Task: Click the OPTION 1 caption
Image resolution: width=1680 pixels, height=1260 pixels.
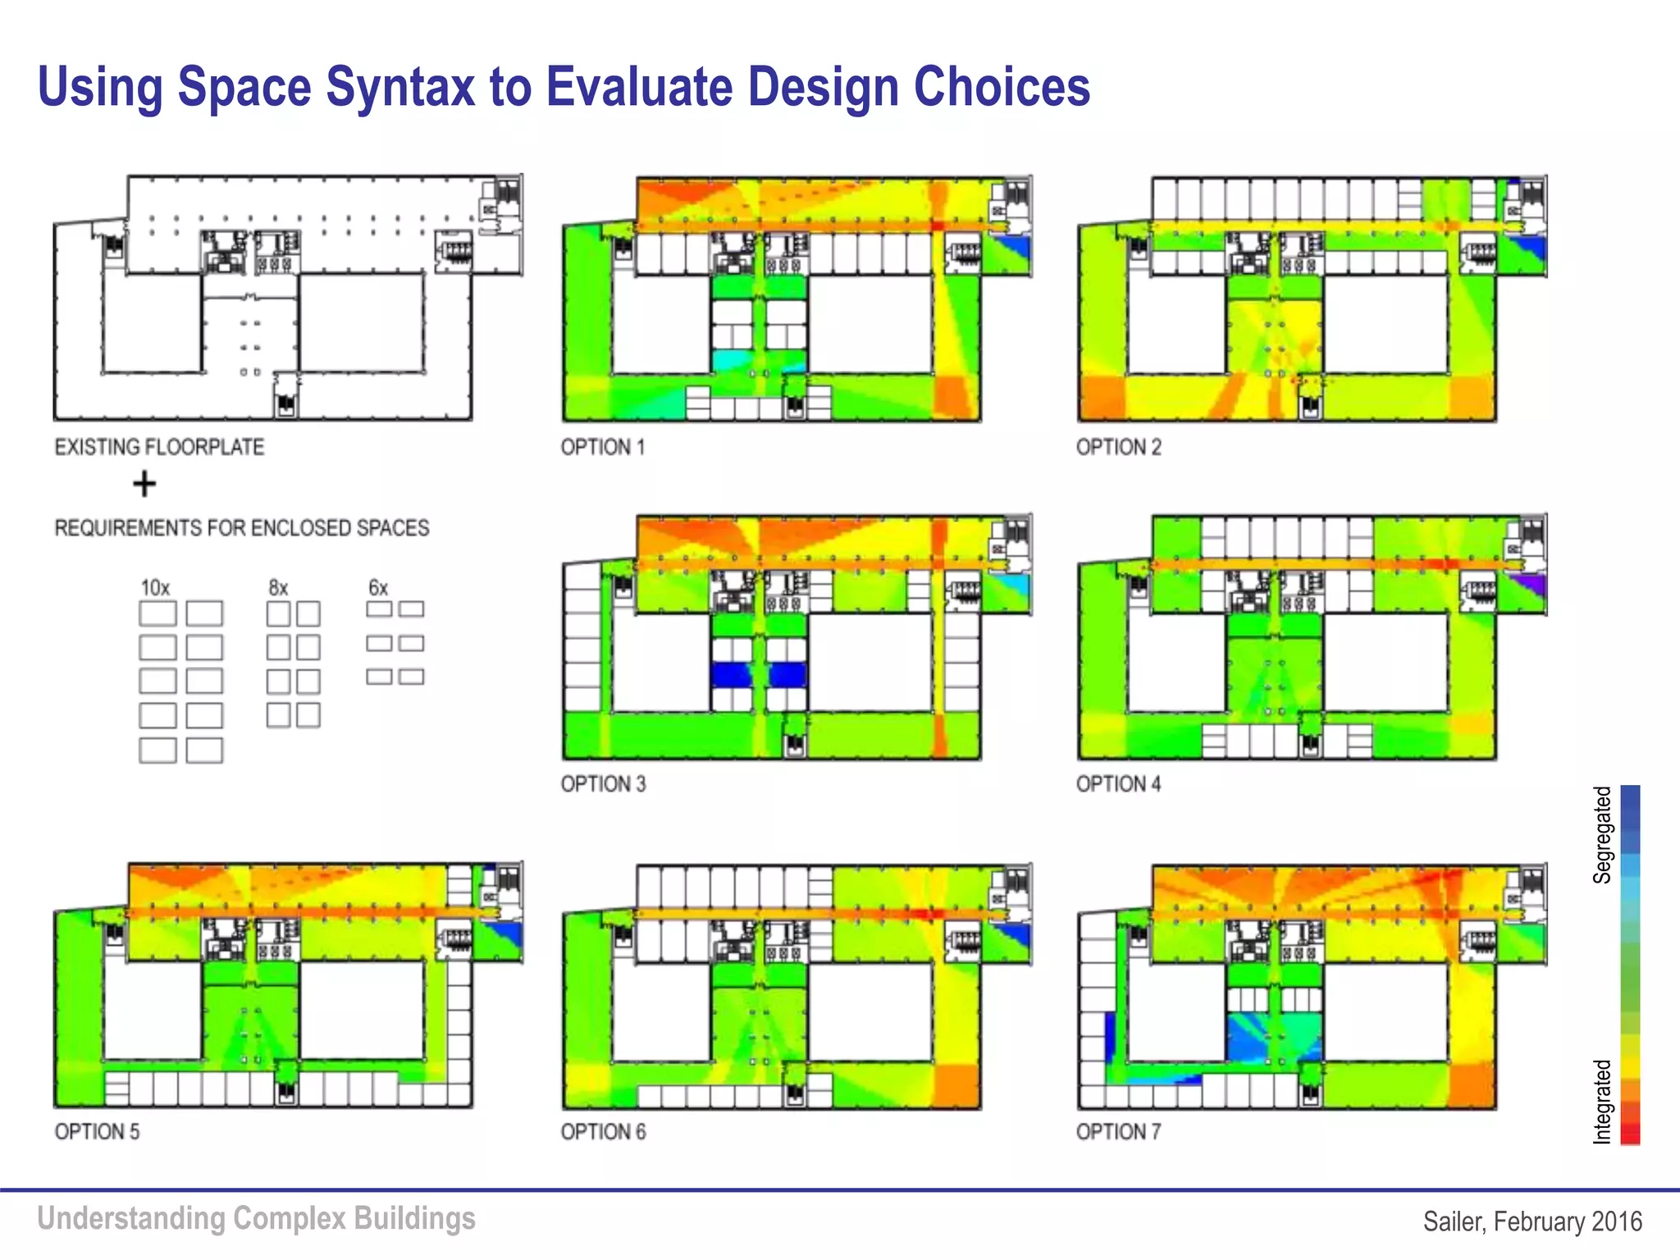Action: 603,447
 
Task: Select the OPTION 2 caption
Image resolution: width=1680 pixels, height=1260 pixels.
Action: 1119,447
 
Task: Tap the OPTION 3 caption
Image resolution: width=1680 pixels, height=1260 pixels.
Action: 603,784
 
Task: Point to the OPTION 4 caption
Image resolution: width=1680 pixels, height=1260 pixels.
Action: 1119,784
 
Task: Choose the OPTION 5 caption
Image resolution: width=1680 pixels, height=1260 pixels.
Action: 97,1132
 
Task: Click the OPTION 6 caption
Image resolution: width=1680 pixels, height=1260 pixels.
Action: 603,1132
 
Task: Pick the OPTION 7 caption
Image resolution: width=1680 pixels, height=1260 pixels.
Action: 1119,1132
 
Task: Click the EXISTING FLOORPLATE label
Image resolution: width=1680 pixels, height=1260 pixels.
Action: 159,447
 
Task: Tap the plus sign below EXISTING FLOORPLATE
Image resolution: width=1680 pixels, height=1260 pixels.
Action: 144,484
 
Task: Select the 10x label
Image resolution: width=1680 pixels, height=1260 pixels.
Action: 155,588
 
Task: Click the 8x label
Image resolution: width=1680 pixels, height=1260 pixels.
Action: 278,588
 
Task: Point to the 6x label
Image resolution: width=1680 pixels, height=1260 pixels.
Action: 377,588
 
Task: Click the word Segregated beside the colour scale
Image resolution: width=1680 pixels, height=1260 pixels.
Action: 1602,834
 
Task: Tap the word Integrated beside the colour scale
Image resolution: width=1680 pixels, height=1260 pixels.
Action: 1602,1102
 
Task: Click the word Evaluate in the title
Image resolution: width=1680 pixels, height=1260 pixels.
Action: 640,87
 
